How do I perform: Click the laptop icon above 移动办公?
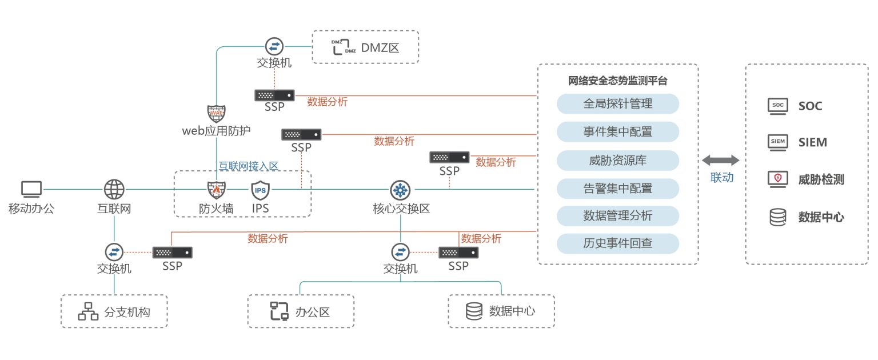click(x=31, y=189)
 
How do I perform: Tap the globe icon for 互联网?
click(x=114, y=189)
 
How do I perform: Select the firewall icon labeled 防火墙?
click(x=216, y=189)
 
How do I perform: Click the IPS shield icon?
click(x=260, y=189)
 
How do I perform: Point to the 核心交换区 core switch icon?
click(x=400, y=189)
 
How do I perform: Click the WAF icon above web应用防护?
click(x=216, y=113)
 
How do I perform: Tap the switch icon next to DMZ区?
click(x=274, y=46)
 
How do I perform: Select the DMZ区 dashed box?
click(x=365, y=47)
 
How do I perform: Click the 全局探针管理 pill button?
click(x=617, y=104)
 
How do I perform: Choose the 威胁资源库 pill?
click(x=617, y=160)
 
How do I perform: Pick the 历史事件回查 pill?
click(x=617, y=244)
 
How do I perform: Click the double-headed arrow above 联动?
click(x=721, y=161)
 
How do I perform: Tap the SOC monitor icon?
click(x=777, y=106)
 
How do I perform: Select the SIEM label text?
click(x=812, y=142)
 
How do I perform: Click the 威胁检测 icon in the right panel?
click(x=777, y=179)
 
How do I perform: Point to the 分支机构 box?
click(x=114, y=311)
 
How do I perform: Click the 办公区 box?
click(x=301, y=311)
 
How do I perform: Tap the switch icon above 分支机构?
click(x=114, y=251)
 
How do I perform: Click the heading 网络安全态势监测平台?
click(x=617, y=81)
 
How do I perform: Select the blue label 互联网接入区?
click(x=248, y=166)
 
